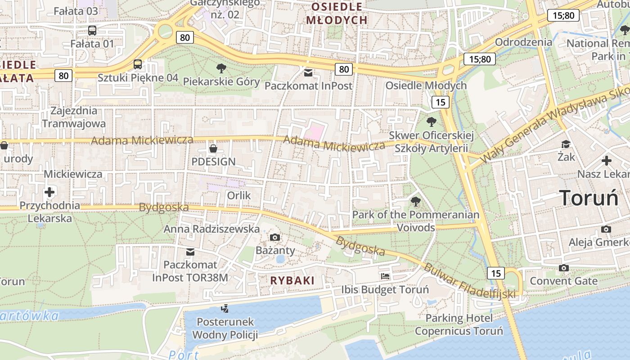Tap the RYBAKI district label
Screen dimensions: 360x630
click(x=292, y=280)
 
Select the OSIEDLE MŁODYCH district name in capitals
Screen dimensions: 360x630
click(x=337, y=13)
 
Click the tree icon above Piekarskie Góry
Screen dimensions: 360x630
click(x=221, y=68)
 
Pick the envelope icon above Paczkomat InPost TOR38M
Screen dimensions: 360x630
click(x=190, y=252)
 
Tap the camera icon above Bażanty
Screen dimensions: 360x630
click(x=274, y=237)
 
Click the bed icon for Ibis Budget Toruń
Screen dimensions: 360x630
click(x=385, y=276)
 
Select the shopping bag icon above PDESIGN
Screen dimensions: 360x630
click(x=213, y=148)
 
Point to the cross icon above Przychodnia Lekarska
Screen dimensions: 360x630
click(x=49, y=193)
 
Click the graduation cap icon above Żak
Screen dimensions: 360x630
click(x=566, y=144)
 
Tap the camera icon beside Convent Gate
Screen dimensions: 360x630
click(x=563, y=268)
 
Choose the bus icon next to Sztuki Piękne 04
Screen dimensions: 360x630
click(x=138, y=64)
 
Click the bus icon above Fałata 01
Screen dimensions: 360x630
click(x=92, y=31)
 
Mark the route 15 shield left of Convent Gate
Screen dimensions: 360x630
click(x=496, y=273)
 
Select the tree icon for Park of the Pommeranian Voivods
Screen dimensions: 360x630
click(x=415, y=201)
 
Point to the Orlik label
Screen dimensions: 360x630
click(x=238, y=196)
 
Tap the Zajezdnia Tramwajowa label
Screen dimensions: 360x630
click(x=74, y=117)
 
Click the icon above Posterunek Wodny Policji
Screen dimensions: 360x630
click(x=225, y=309)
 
